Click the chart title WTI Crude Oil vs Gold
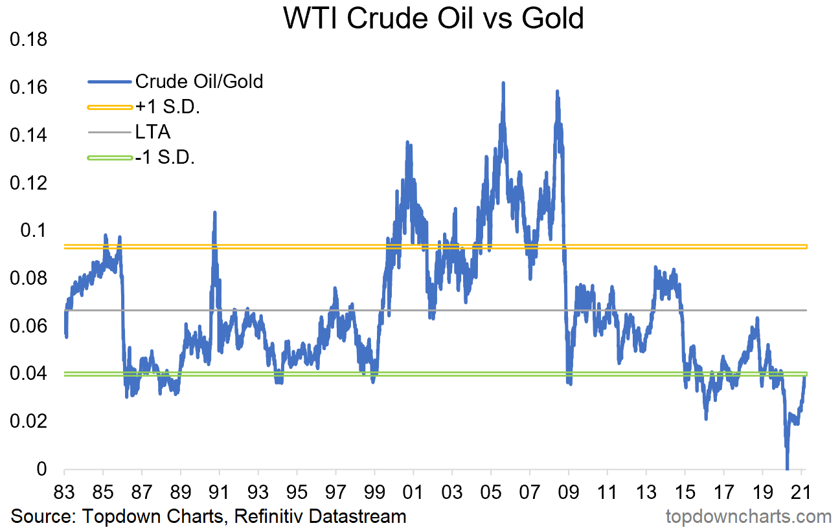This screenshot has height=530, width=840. [433, 18]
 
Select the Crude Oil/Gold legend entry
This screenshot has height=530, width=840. [199, 82]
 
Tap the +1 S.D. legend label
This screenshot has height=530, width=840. [167, 107]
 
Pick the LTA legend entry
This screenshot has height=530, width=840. [152, 133]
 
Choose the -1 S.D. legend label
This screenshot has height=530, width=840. [165, 158]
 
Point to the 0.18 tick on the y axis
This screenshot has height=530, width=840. [28, 40]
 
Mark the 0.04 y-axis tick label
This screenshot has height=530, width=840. [28, 374]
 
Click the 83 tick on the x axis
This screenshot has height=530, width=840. [65, 489]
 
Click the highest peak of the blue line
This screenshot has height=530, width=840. [503, 83]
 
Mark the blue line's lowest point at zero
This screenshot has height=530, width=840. [787, 468]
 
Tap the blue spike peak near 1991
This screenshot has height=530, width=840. [214, 212]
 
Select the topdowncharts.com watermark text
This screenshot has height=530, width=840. [748, 516]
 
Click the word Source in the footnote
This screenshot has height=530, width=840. [36, 516]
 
